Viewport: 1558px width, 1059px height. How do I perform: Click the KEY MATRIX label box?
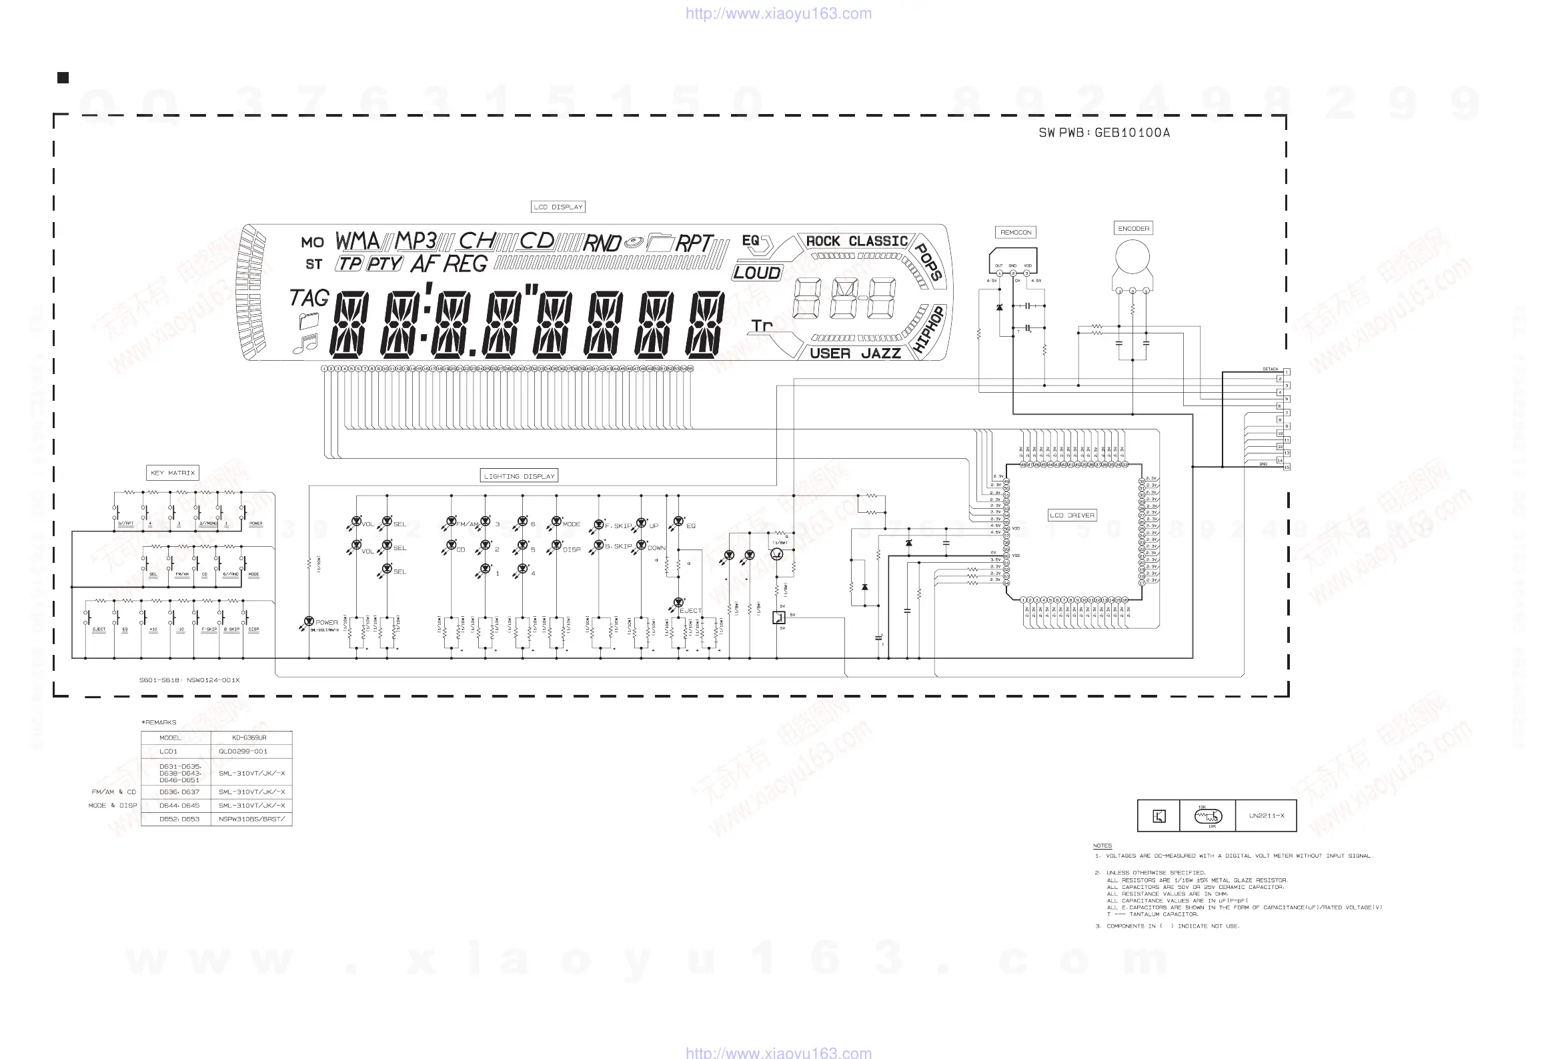172,473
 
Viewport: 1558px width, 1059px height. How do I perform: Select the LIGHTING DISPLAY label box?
519,476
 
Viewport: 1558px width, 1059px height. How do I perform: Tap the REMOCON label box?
1016,233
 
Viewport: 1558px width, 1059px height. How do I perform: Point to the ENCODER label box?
1133,229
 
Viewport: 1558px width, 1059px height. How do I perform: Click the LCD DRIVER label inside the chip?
1072,515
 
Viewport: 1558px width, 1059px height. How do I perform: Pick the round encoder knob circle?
1132,257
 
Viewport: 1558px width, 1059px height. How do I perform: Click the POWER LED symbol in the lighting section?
308,622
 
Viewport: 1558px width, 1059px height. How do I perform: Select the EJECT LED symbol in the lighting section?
678,604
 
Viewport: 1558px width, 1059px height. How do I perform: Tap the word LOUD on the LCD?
757,273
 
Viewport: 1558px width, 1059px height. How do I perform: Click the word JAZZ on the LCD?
881,353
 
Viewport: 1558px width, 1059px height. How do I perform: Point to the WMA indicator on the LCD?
357,240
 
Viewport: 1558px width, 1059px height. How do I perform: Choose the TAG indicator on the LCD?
309,297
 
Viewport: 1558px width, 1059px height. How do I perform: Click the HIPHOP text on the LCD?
929,329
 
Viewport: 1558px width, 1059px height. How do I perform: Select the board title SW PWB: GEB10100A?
1104,133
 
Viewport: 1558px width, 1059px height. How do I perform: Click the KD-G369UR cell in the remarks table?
249,738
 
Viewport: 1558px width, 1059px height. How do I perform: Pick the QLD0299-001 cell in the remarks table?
243,752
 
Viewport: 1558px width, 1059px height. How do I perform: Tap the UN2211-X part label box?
1267,816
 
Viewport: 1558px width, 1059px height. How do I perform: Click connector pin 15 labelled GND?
1287,467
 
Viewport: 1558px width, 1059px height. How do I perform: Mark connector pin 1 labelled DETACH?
1287,372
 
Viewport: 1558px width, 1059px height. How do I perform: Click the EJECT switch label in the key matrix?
99,630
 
